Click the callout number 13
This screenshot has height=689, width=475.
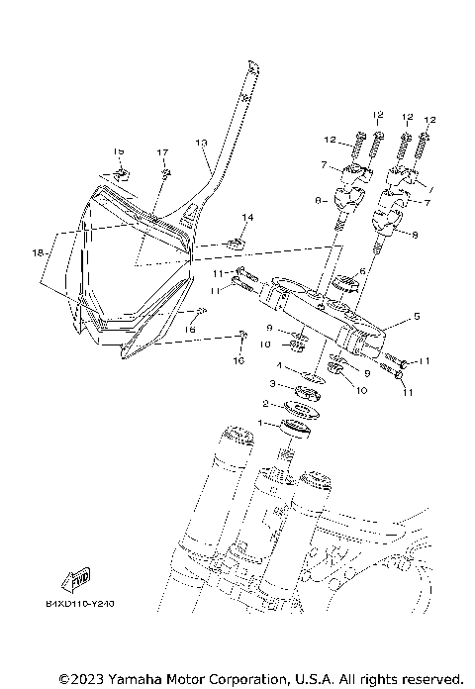[x=201, y=143]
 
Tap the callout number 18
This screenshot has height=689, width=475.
[x=38, y=254]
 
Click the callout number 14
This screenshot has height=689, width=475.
[x=247, y=217]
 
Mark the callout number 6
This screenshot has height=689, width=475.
[x=362, y=271]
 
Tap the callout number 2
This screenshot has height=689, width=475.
[x=264, y=403]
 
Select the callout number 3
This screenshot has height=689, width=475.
[x=273, y=383]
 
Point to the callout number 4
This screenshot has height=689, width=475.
[x=280, y=365]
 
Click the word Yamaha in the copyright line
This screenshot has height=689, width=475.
[x=128, y=679]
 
